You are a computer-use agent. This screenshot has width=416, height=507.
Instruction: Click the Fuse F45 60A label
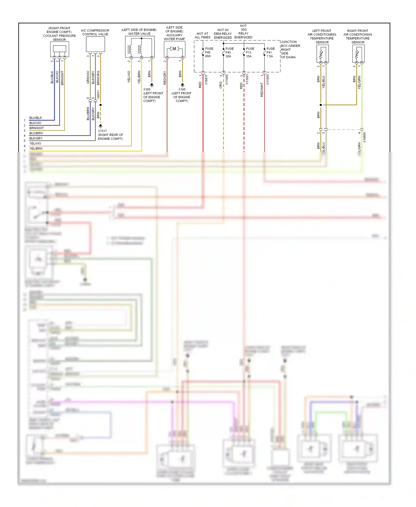pyautogui.click(x=209, y=52)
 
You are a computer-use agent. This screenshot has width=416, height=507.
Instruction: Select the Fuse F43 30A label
pyautogui.click(x=229, y=52)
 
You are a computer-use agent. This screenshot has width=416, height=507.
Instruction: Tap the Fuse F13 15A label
pyautogui.click(x=250, y=52)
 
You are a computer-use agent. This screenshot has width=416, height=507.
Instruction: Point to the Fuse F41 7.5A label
pyautogui.click(x=270, y=52)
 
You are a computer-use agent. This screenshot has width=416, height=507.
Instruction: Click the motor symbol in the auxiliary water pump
pyautogui.click(x=174, y=49)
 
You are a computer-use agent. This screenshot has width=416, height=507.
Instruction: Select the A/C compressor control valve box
pyautogui.click(x=95, y=44)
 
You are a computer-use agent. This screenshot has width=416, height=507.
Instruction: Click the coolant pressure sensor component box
pyautogui.click(x=59, y=49)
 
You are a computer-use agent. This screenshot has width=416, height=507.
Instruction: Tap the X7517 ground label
pyautogui.click(x=102, y=131)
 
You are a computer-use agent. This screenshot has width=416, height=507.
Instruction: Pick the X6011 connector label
pyautogui.click(x=98, y=95)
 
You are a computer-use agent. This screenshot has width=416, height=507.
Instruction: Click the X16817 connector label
pyautogui.click(x=206, y=80)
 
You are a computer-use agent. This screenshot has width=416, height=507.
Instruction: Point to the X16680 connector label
pyautogui.click(x=364, y=137)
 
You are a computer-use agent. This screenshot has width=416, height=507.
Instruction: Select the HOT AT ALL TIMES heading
pyautogui.click(x=202, y=36)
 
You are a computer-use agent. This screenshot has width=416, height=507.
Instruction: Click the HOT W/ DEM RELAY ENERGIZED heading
pyautogui.click(x=223, y=34)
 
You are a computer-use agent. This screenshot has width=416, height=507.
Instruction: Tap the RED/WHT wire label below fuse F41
pyautogui.click(x=262, y=90)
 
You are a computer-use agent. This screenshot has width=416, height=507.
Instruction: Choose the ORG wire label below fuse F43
pyautogui.click(x=221, y=85)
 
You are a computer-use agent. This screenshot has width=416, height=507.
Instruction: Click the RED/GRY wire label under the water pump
pyautogui.click(x=165, y=78)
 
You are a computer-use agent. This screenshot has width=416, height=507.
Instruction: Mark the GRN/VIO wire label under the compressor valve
pyautogui.click(x=88, y=77)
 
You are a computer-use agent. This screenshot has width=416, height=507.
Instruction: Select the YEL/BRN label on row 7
pyautogui.click(x=36, y=149)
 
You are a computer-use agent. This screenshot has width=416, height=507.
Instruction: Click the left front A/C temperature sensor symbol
pyautogui.click(x=322, y=54)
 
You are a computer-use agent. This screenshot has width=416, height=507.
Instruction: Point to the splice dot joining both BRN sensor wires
pyautogui.click(x=321, y=105)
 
